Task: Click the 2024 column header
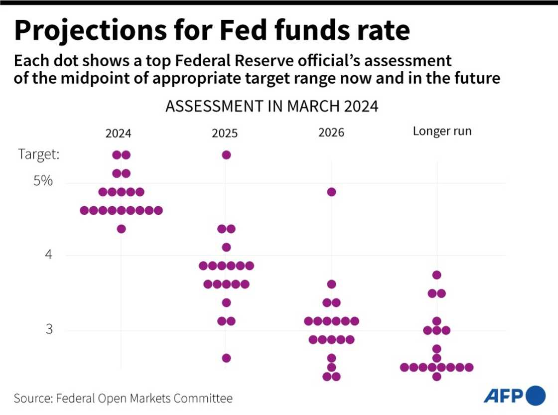(118, 134)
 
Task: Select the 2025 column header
(225, 134)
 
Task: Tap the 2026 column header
(331, 134)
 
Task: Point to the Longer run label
(442, 132)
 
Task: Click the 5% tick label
(43, 181)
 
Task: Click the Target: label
(39, 154)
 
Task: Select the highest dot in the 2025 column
(226, 155)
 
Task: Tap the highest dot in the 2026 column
(331, 192)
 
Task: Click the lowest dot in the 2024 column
(121, 229)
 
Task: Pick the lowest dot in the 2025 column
(226, 358)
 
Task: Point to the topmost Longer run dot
(437, 275)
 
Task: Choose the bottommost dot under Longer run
(436, 376)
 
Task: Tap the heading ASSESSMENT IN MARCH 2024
(272, 107)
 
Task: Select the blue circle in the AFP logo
(536, 396)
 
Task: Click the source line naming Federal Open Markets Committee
(123, 399)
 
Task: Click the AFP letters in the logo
(503, 396)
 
